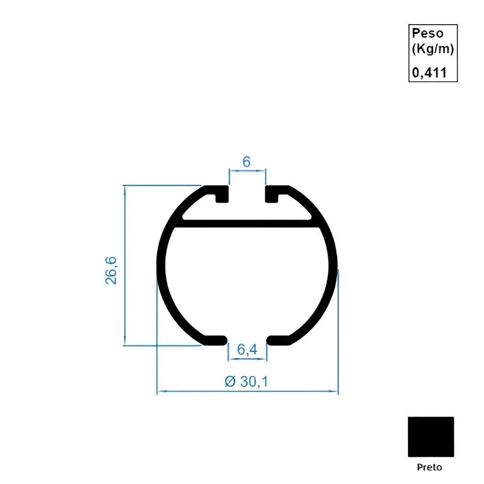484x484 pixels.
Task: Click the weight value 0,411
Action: pyautogui.click(x=429, y=72)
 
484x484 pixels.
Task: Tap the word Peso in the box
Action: pyautogui.click(x=428, y=33)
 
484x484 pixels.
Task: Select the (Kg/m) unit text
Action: pyautogui.click(x=432, y=49)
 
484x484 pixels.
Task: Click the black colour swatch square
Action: pyautogui.click(x=430, y=436)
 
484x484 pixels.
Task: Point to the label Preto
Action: pyautogui.click(x=430, y=467)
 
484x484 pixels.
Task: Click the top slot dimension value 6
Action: pyautogui.click(x=247, y=161)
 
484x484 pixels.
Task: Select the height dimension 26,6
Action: pyautogui.click(x=111, y=270)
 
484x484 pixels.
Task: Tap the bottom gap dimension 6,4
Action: pyautogui.click(x=247, y=350)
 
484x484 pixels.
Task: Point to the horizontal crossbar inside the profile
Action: pyautogui.click(x=247, y=223)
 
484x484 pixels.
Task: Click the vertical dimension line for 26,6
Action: pyautogui.click(x=125, y=265)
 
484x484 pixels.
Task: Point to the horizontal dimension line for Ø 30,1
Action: pyautogui.click(x=247, y=392)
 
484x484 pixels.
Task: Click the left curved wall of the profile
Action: pyautogui.click(x=161, y=270)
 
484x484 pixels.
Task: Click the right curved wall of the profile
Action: pyautogui.click(x=333, y=270)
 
